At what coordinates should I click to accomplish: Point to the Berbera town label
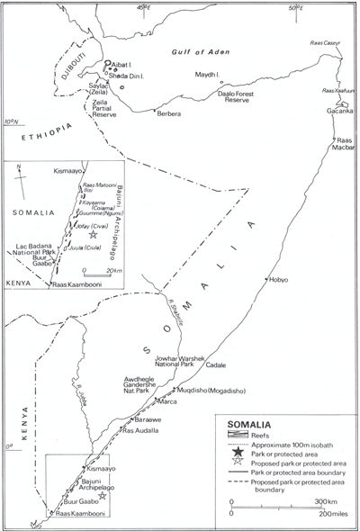pyautogui.click(x=168, y=114)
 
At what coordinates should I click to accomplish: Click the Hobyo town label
pyautogui.click(x=278, y=280)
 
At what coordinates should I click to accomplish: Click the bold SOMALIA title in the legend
pyautogui.click(x=248, y=423)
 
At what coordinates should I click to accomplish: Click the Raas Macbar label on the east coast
pyautogui.click(x=346, y=146)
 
